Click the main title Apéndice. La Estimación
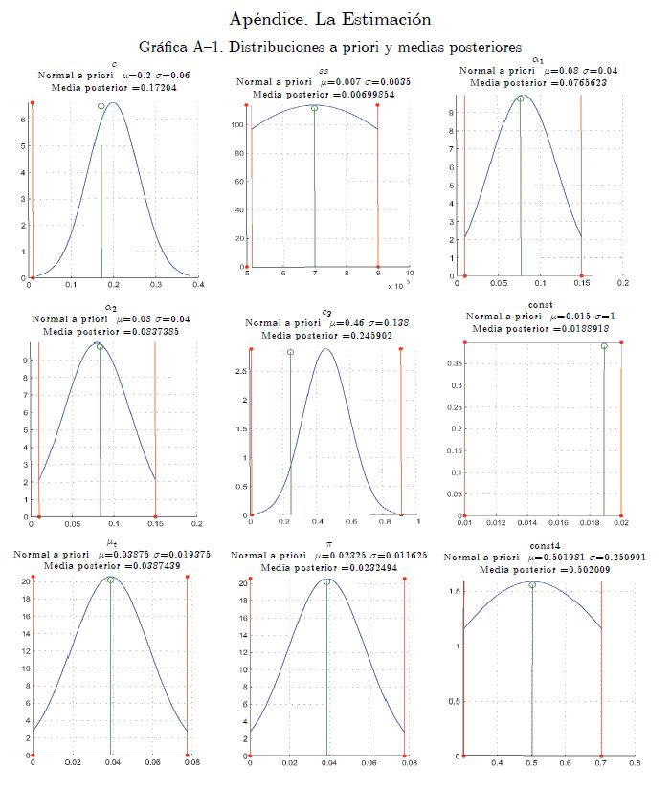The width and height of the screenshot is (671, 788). pos(330,19)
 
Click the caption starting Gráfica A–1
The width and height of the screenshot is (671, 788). pos(330,46)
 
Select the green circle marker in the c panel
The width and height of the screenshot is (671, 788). pos(101,106)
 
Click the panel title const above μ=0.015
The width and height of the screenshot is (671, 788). pos(540,304)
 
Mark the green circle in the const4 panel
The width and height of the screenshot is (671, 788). pos(532,585)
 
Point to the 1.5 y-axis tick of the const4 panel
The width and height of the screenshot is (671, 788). pos(455,592)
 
